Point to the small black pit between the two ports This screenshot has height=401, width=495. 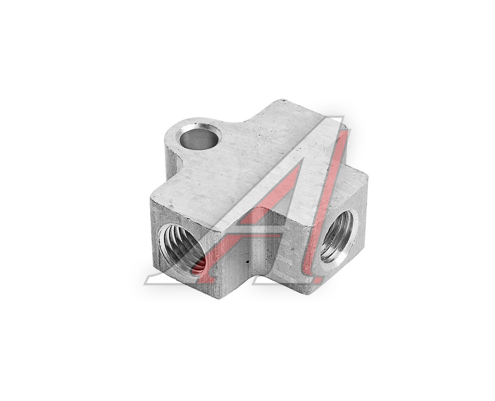[248, 262]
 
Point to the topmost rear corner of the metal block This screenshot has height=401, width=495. [282, 100]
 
